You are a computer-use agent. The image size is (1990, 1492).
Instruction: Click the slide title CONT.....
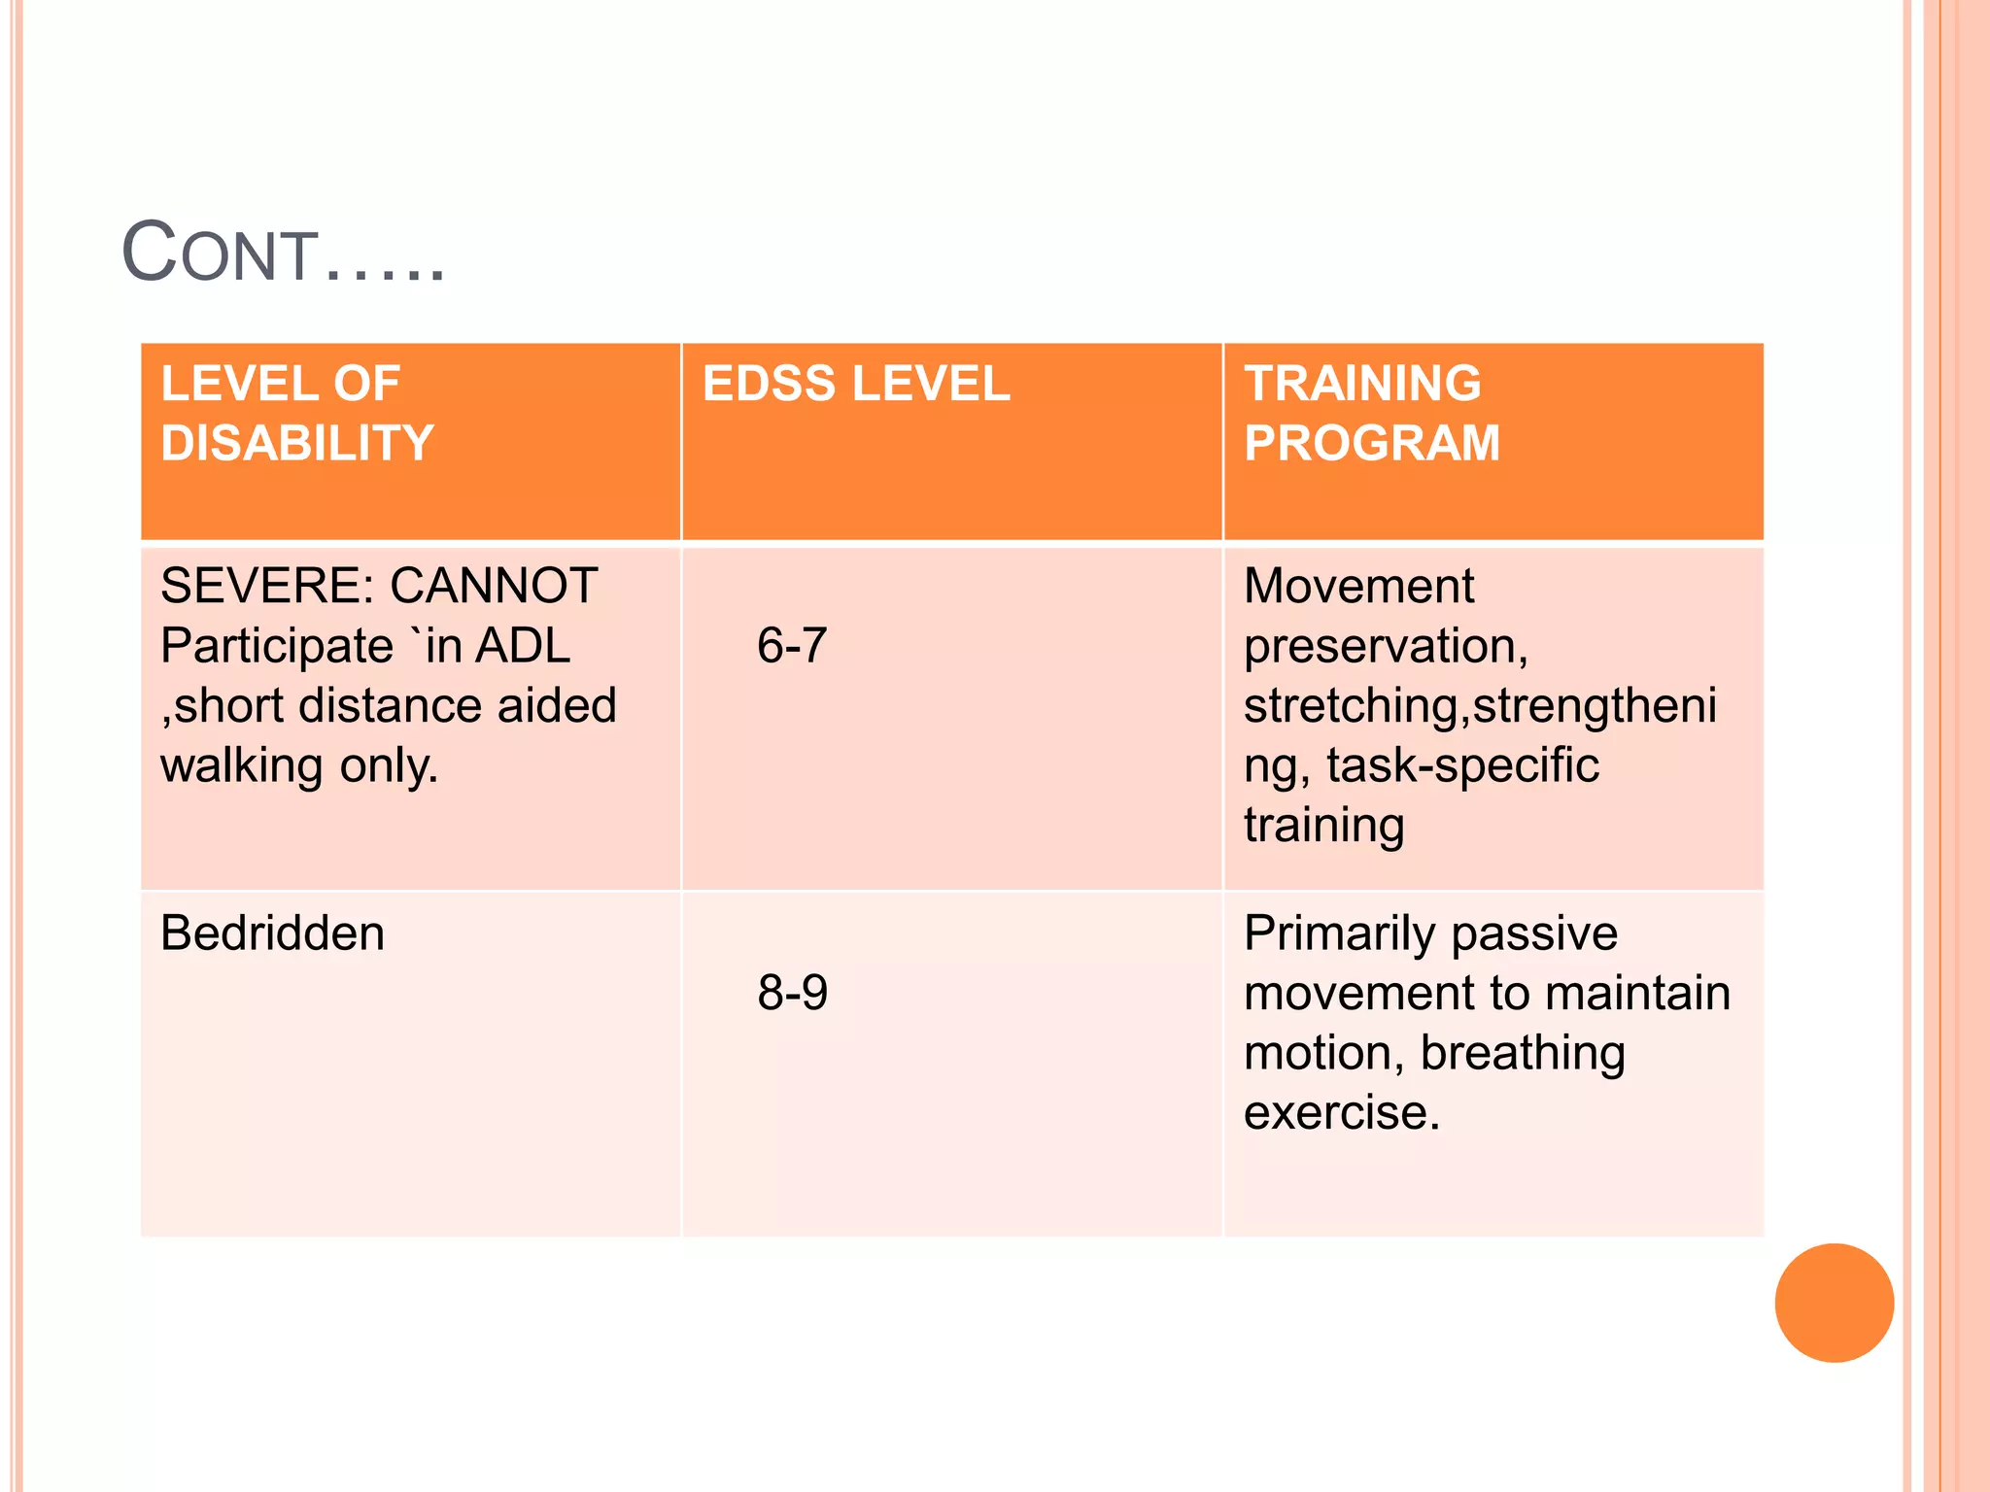point(282,254)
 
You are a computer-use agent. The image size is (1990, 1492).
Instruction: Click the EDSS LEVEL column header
point(856,384)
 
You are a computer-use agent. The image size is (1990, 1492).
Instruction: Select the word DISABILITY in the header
point(297,443)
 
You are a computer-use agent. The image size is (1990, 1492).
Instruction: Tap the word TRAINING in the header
point(1362,384)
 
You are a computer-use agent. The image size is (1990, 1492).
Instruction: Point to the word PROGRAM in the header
point(1372,443)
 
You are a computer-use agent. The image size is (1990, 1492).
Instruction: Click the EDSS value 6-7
point(792,645)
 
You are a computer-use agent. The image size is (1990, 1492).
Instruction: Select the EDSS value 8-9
point(792,993)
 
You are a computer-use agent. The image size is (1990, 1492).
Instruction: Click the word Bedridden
point(272,933)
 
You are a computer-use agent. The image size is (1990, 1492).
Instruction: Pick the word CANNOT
point(494,586)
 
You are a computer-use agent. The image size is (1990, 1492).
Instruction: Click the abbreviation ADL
point(522,646)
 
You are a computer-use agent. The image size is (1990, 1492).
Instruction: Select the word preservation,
point(1386,646)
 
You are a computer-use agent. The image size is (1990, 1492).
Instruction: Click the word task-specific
point(1462,765)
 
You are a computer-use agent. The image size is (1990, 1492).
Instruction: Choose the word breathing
point(1523,1053)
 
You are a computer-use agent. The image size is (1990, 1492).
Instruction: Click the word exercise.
point(1341,1113)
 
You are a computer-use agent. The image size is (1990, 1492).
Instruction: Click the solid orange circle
point(1834,1303)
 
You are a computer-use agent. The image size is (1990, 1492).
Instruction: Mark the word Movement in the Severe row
point(1358,586)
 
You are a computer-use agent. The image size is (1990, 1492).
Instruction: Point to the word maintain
point(1637,993)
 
